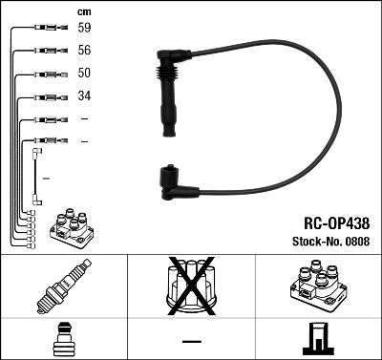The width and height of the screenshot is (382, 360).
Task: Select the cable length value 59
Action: [x=85, y=29]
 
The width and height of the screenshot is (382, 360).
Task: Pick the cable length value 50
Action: [x=85, y=74]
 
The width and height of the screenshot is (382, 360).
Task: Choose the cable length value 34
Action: [x=85, y=96]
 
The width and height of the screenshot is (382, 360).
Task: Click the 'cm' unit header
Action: [x=83, y=11]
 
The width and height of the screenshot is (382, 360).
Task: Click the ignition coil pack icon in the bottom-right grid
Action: [x=318, y=283]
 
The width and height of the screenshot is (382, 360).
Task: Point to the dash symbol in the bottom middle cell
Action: [x=191, y=341]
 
